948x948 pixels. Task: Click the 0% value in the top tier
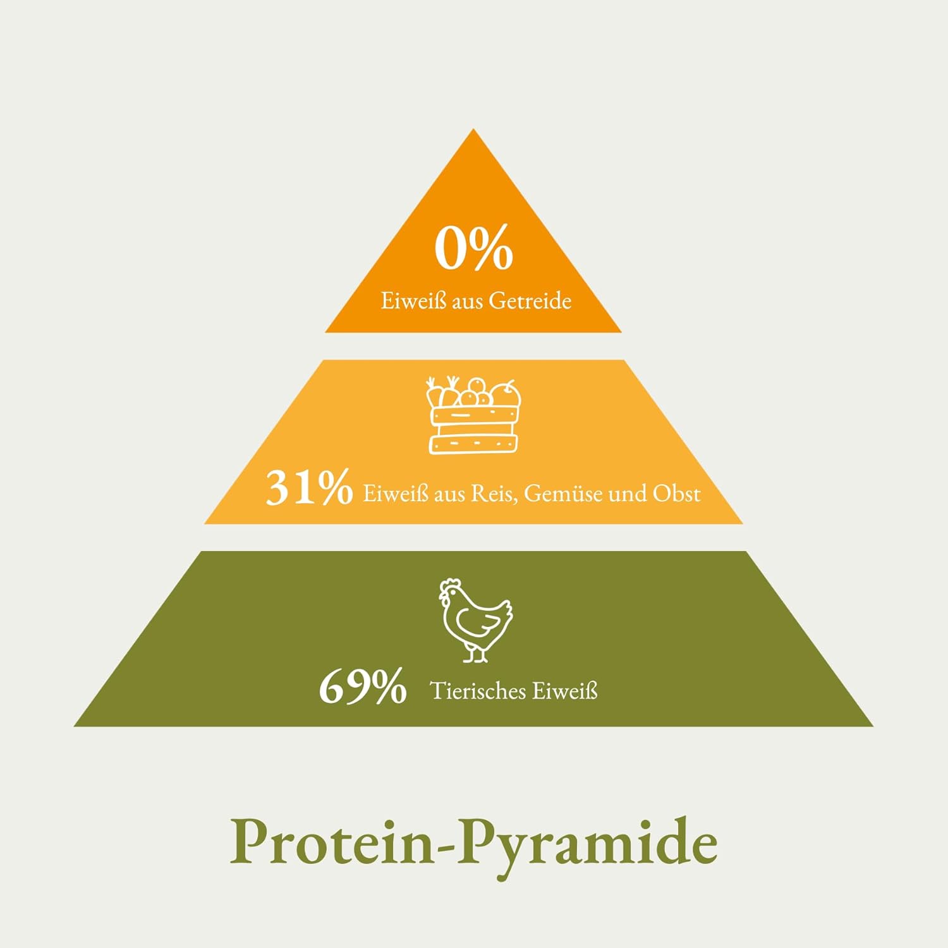click(474, 249)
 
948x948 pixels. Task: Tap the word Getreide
click(530, 300)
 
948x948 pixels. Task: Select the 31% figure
click(309, 487)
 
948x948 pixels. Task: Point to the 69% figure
click(363, 686)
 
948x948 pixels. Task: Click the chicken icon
click(475, 620)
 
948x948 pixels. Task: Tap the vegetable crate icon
click(474, 415)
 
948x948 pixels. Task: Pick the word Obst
click(677, 493)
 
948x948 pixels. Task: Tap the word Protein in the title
click(332, 842)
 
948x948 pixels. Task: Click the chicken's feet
click(476, 655)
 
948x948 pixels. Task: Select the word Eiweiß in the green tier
click(565, 691)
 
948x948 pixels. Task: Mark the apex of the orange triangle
click(473, 129)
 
